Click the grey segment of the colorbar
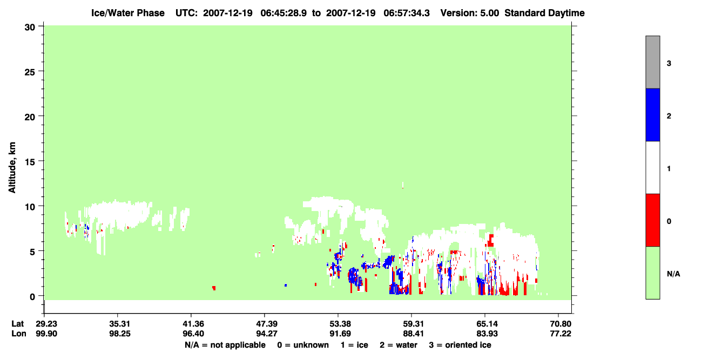click(652, 62)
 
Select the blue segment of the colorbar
click(652, 114)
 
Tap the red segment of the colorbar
click(652, 220)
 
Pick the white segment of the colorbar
click(652, 167)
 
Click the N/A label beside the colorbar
click(673, 274)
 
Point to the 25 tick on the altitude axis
click(30, 72)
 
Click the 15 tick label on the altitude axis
click(30, 162)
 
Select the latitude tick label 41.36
click(193, 324)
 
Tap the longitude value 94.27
click(267, 334)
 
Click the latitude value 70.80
click(561, 324)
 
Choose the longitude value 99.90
click(46, 334)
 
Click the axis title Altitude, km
click(12, 168)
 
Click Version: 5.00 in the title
click(470, 13)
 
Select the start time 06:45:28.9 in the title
click(283, 13)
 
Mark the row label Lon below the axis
click(19, 334)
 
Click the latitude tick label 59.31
click(414, 324)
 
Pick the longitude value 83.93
click(487, 334)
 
